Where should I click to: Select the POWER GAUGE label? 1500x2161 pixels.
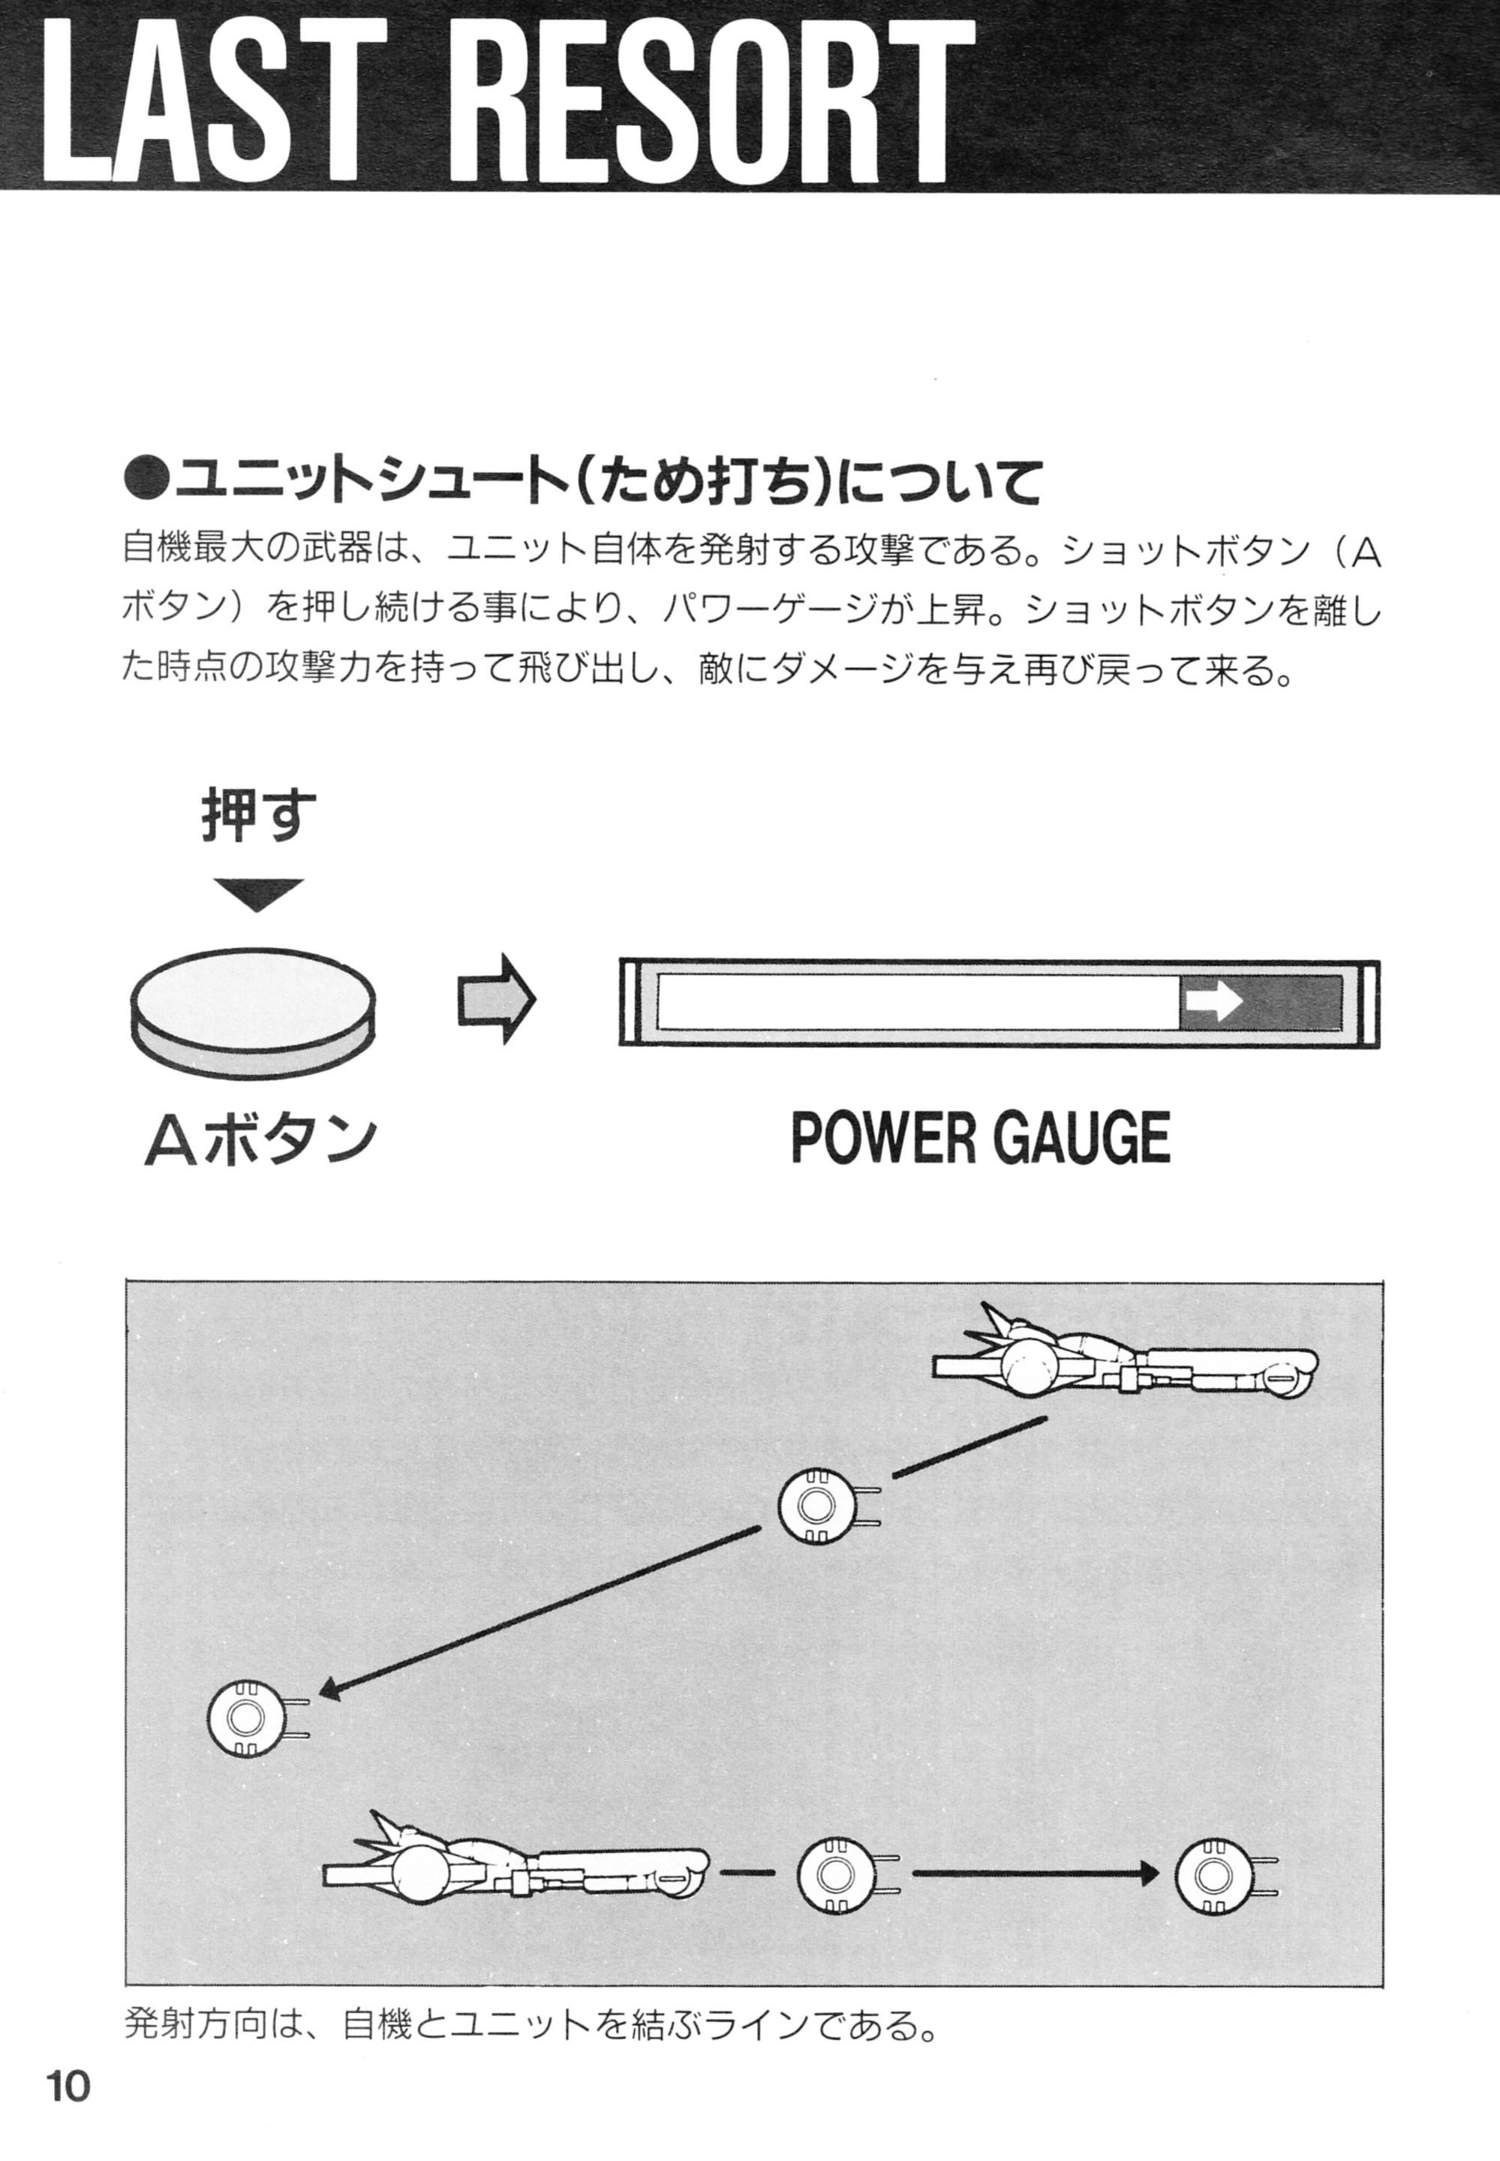[x=979, y=1139]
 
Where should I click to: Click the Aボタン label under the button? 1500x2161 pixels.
[x=260, y=1140]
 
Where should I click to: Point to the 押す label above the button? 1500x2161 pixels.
[x=258, y=816]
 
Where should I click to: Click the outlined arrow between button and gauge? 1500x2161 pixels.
[x=496, y=999]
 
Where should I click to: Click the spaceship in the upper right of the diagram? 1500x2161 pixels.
[x=1123, y=1359]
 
